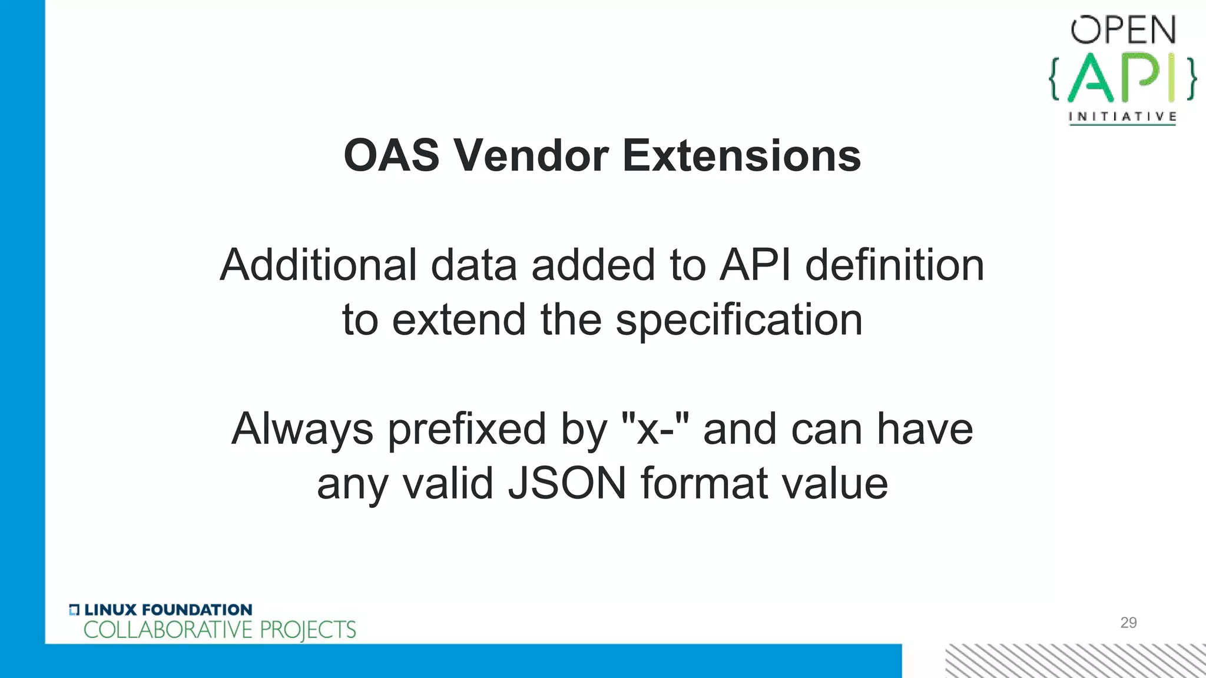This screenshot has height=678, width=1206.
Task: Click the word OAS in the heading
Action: pyautogui.click(x=391, y=156)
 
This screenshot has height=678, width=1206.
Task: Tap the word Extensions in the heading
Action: pyautogui.click(x=741, y=156)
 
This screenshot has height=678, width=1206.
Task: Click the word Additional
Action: pyautogui.click(x=318, y=265)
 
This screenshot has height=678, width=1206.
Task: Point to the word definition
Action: pyautogui.click(x=894, y=265)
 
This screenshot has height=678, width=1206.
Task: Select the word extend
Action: pyautogui.click(x=459, y=320)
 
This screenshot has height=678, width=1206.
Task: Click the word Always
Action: pyautogui.click(x=302, y=430)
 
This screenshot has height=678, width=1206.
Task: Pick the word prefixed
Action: pyautogui.click(x=467, y=430)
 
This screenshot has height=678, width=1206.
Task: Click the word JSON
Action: pyautogui.click(x=567, y=483)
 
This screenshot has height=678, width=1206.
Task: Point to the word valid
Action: pyautogui.click(x=447, y=483)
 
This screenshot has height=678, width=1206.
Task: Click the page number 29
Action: pyautogui.click(x=1128, y=623)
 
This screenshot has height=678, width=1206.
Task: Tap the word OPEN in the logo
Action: pyautogui.click(x=1123, y=31)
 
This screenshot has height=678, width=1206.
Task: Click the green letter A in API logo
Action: pyautogui.click(x=1090, y=78)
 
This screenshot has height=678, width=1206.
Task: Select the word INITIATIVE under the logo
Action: pyautogui.click(x=1122, y=117)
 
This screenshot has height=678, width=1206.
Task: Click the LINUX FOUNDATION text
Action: pyautogui.click(x=168, y=610)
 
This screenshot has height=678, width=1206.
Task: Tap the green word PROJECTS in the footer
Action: pyautogui.click(x=307, y=630)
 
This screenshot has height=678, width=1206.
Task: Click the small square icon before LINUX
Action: pyautogui.click(x=74, y=610)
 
